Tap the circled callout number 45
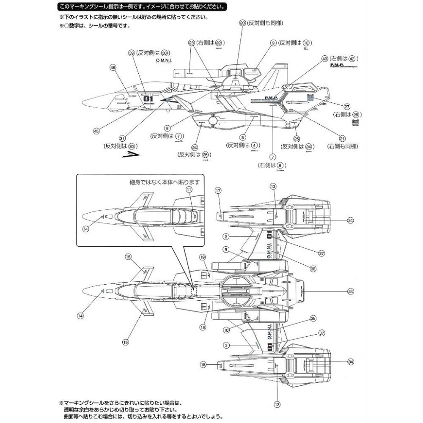tap(96, 131)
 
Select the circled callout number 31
tap(122, 138)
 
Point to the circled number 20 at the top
tap(242, 23)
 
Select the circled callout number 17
tap(218, 191)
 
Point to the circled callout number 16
tap(128, 256)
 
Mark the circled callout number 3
tap(226, 346)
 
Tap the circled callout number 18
tap(203, 364)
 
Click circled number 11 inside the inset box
tap(189, 190)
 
